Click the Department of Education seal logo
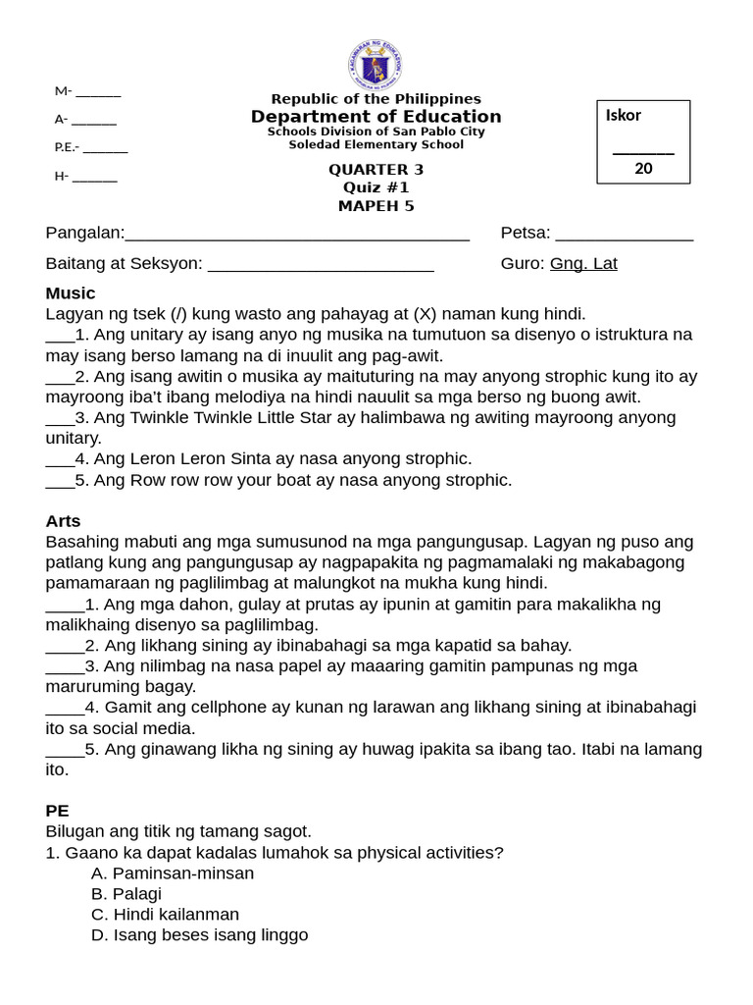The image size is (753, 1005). [375, 65]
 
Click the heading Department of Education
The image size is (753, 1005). [376, 117]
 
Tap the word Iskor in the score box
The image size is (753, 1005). [624, 115]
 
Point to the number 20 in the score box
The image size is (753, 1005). [643, 168]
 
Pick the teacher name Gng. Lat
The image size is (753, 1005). [583, 263]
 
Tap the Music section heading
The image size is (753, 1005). [71, 292]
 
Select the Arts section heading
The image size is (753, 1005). [63, 520]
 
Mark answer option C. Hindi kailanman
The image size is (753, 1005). [165, 914]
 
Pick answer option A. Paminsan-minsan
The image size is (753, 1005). [173, 873]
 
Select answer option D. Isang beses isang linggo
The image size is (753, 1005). [199, 934]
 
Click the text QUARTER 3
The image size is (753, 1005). [376, 169]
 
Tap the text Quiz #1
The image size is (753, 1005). [376, 186]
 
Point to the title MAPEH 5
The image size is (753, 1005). [376, 205]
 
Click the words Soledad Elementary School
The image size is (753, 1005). [376, 144]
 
